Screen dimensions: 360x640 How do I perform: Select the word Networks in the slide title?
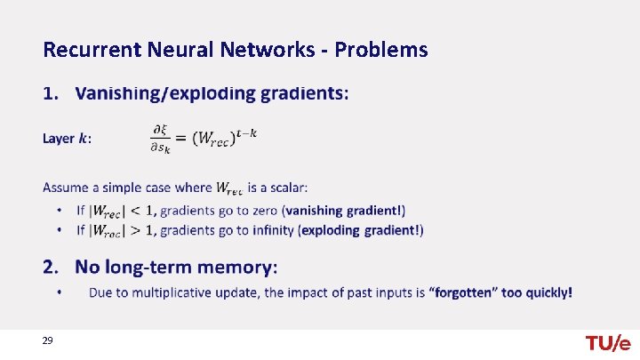(x=276, y=49)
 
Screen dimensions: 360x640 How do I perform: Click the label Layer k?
(x=67, y=139)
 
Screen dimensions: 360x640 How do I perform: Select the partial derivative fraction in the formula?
(x=161, y=139)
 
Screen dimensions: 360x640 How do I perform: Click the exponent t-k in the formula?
(x=247, y=132)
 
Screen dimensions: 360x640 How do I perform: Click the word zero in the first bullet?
(x=260, y=211)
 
